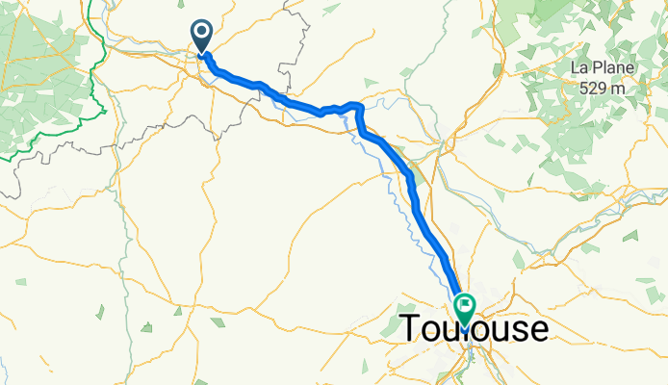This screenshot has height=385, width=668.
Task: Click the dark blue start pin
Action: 202,37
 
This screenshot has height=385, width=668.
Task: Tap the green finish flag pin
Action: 464,309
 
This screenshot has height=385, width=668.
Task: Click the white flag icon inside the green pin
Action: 464,306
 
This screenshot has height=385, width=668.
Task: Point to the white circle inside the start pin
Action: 202,33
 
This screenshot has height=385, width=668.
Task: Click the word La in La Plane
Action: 579,68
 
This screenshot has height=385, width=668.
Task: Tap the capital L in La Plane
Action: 576,68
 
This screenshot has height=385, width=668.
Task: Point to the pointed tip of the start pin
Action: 202,53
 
